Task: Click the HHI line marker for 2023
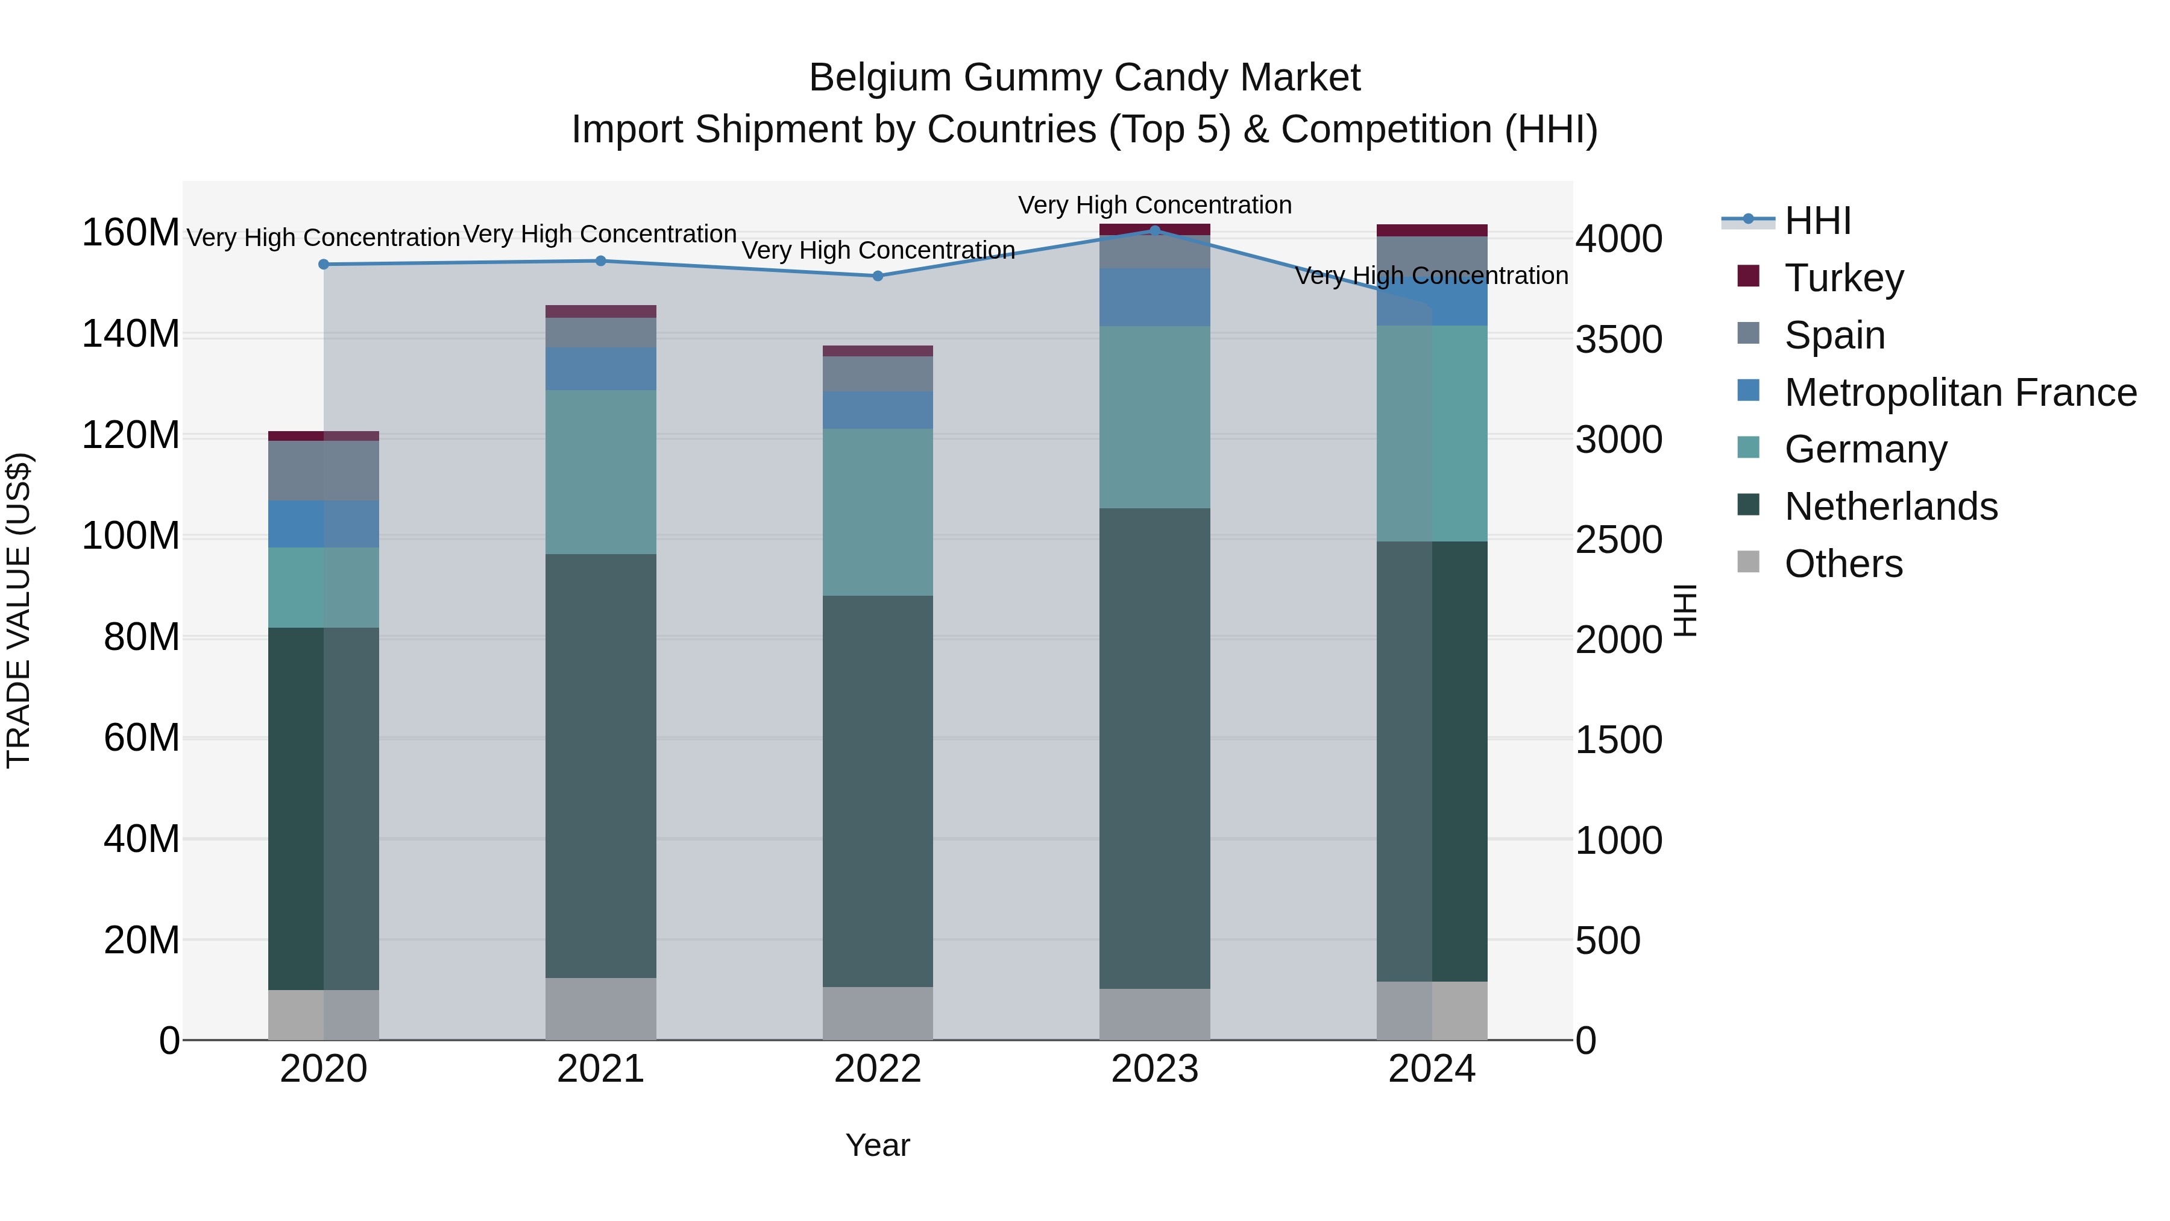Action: point(1154,230)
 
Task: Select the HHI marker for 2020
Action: point(324,265)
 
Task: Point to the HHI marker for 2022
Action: point(877,276)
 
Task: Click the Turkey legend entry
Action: point(1843,278)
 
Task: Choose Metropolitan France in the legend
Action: point(1960,393)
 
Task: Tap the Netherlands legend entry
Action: point(1890,506)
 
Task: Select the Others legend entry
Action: point(1843,564)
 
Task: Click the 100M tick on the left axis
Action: point(131,536)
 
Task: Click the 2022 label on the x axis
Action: point(877,1069)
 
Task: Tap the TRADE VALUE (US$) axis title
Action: point(19,610)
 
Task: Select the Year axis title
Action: point(877,1145)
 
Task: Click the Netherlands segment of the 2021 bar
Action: point(600,765)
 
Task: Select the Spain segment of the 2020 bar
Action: point(324,470)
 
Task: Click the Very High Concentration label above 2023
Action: point(1154,205)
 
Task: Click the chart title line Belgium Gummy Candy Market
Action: point(1084,78)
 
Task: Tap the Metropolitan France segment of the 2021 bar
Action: point(600,368)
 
